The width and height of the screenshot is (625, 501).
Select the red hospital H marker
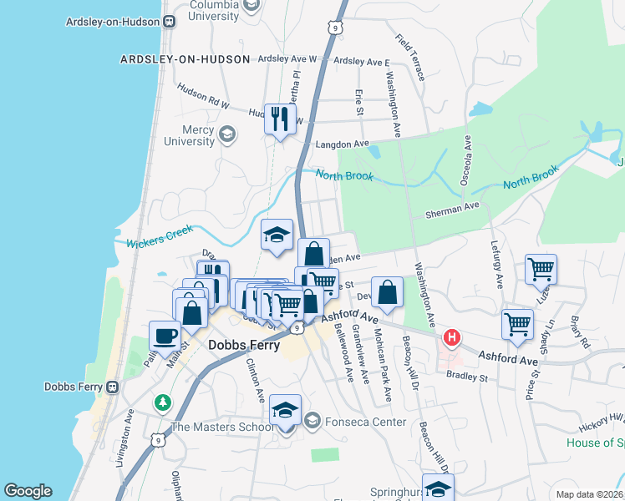click(x=452, y=338)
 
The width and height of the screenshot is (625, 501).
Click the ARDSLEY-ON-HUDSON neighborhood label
click(x=185, y=59)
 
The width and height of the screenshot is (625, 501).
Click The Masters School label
click(x=221, y=427)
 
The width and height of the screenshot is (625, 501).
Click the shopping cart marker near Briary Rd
click(x=541, y=270)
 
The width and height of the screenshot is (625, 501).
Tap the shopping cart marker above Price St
click(x=517, y=324)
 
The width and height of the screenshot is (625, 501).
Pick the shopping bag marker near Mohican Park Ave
click(x=387, y=291)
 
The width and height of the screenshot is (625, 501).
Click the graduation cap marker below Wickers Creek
click(x=277, y=235)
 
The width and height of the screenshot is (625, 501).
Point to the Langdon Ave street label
click(x=342, y=144)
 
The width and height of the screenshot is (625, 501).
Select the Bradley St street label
click(x=467, y=377)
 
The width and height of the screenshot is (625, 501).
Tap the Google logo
click(x=28, y=491)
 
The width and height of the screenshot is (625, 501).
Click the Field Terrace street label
click(x=411, y=57)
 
